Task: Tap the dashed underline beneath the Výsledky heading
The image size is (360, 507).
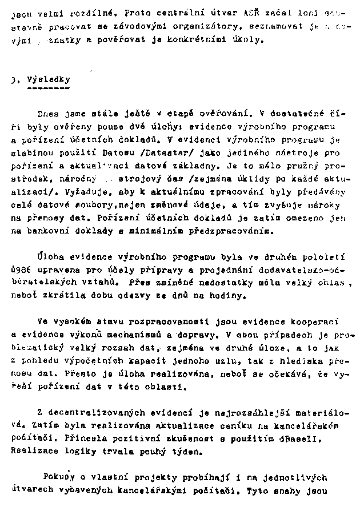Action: pyautogui.click(x=49, y=90)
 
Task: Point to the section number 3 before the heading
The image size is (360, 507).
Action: pyautogui.click(x=13, y=81)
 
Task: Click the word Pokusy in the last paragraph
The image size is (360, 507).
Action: pyautogui.click(x=59, y=476)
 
